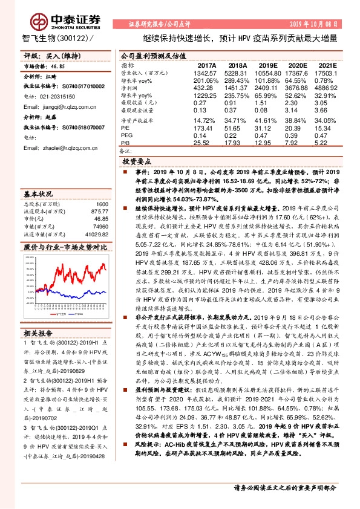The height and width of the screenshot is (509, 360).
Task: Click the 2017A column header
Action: pyautogui.click(x=207, y=64)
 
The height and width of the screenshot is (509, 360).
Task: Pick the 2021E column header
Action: pyautogui.click(x=327, y=64)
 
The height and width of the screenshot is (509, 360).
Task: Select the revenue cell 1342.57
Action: pyautogui.click(x=207, y=72)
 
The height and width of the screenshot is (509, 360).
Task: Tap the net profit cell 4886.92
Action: pyautogui.click(x=327, y=88)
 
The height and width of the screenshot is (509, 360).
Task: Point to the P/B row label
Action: pyautogui.click(x=126, y=143)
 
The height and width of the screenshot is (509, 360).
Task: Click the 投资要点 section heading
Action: pyautogui.click(x=139, y=162)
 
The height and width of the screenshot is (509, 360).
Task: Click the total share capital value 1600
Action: pyautogui.click(x=100, y=204)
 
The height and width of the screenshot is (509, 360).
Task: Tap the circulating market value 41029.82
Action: pyautogui.click(x=96, y=234)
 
